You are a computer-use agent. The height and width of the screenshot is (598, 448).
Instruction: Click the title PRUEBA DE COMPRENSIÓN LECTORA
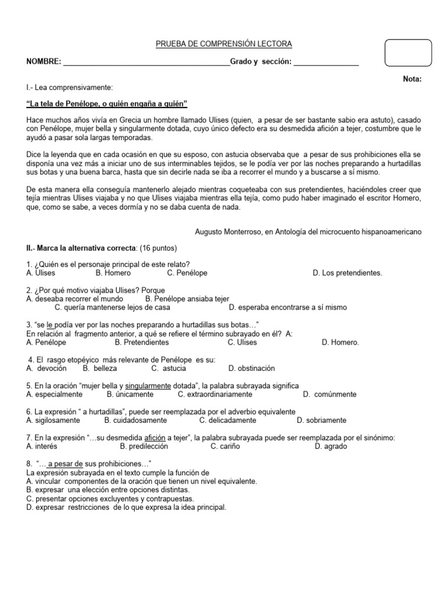[x=224, y=44]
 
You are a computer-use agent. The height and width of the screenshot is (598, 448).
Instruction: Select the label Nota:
[x=411, y=79]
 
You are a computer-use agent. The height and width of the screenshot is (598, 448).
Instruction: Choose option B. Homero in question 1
[x=113, y=273]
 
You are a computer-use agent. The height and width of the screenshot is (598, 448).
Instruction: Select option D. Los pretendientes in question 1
[x=347, y=273]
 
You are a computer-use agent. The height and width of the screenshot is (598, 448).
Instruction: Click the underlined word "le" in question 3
[x=50, y=325]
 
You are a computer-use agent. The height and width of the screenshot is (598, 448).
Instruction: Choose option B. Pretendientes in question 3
[x=142, y=342]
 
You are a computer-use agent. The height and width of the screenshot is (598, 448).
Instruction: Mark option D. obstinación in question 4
[x=251, y=368]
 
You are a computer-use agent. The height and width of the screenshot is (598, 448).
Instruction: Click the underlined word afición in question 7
[x=155, y=438]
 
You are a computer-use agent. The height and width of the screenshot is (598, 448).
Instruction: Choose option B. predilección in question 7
[x=143, y=446]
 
